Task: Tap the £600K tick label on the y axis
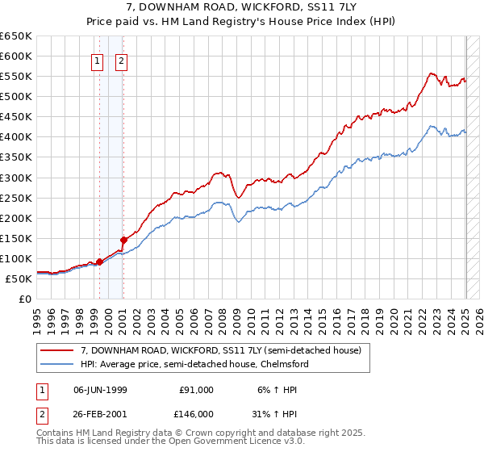coord(16,56)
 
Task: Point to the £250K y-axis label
coord(16,198)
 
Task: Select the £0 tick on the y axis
coord(25,299)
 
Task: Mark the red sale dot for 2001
coord(123,239)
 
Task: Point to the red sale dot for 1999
coord(99,262)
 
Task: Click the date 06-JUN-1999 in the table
coord(100,390)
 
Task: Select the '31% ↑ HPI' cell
coord(277,412)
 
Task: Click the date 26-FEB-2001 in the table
coord(100,412)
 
